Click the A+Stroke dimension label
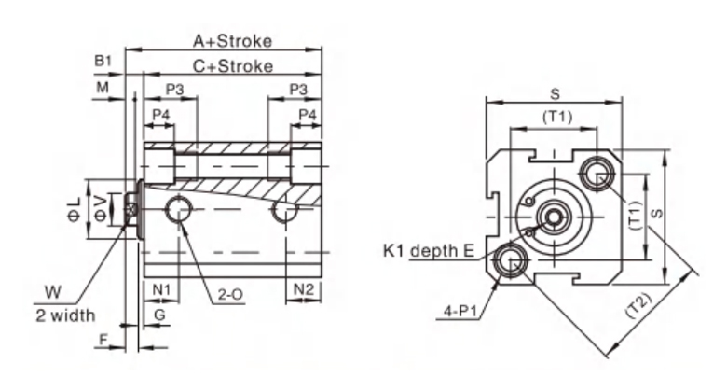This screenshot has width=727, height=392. [232, 41]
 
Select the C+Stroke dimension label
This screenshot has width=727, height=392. [232, 66]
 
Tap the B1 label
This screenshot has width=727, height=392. [103, 61]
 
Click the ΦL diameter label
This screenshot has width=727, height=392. [75, 209]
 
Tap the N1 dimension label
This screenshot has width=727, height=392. [162, 288]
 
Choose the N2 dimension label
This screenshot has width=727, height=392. [304, 288]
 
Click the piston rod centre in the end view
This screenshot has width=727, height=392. [555, 217]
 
